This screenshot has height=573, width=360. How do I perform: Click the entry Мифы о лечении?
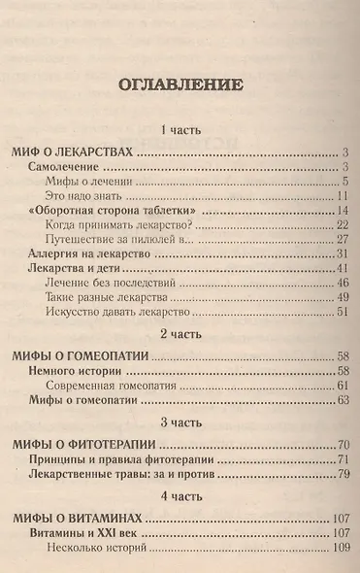pyautogui.click(x=95, y=182)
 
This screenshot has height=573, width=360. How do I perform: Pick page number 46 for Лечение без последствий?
pyautogui.click(x=342, y=284)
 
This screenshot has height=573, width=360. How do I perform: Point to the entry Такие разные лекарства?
pyautogui.click(x=110, y=297)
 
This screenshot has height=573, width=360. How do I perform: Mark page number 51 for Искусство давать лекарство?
pyautogui.click(x=342, y=312)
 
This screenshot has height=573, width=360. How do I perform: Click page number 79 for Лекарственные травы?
pyautogui.click(x=342, y=473)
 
